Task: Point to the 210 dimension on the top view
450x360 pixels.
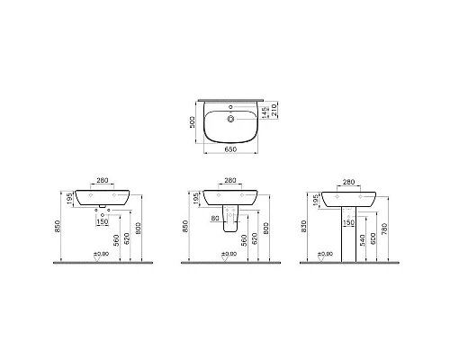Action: [269, 111]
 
